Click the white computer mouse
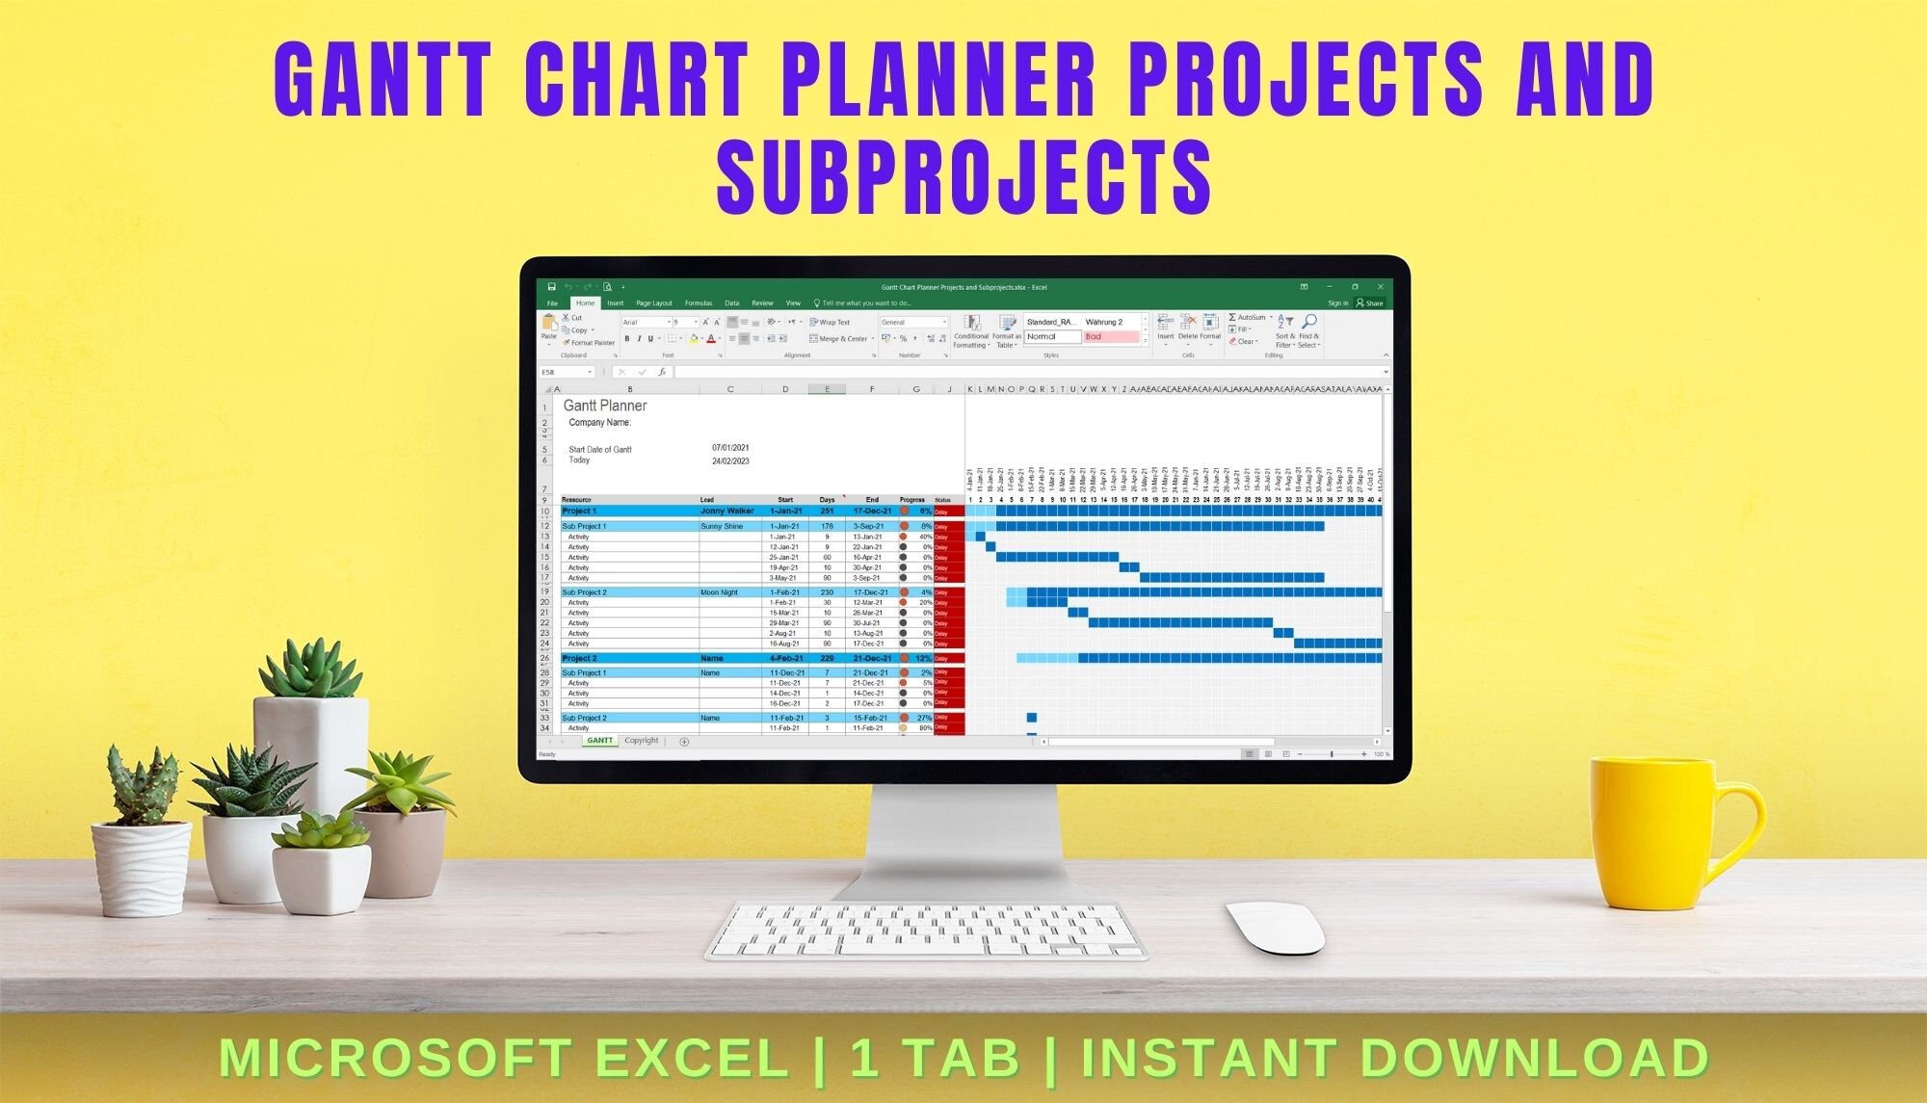pyautogui.click(x=1276, y=927)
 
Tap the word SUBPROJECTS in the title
pyautogui.click(x=963, y=177)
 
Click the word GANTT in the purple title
pyautogui.click(x=383, y=81)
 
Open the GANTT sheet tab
pyautogui.click(x=599, y=741)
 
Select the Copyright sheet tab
pyautogui.click(x=641, y=741)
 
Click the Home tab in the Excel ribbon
pyautogui.click(x=586, y=303)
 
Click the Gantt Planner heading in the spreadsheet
pyautogui.click(x=605, y=407)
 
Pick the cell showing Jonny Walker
pyautogui.click(x=726, y=512)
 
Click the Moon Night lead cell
pyautogui.click(x=719, y=592)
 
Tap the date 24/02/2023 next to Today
pyautogui.click(x=730, y=461)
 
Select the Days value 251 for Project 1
pyautogui.click(x=827, y=512)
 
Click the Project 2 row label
pyautogui.click(x=580, y=659)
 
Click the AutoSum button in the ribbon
pyautogui.click(x=1251, y=317)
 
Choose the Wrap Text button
pyautogui.click(x=831, y=323)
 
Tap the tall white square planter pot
pyautogui.click(x=310, y=751)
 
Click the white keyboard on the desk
pyautogui.click(x=925, y=931)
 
